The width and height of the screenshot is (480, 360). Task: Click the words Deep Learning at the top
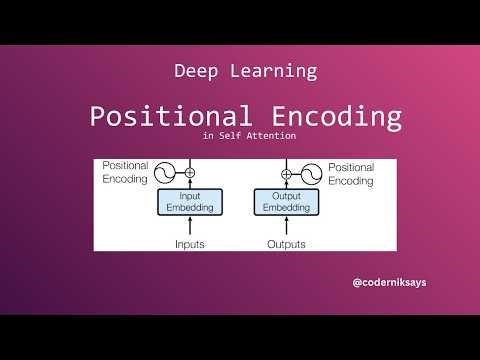coord(245,71)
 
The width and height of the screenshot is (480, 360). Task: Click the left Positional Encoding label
coord(123,172)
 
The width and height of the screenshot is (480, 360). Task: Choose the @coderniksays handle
coord(390,283)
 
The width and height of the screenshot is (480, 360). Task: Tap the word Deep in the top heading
coord(195,71)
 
